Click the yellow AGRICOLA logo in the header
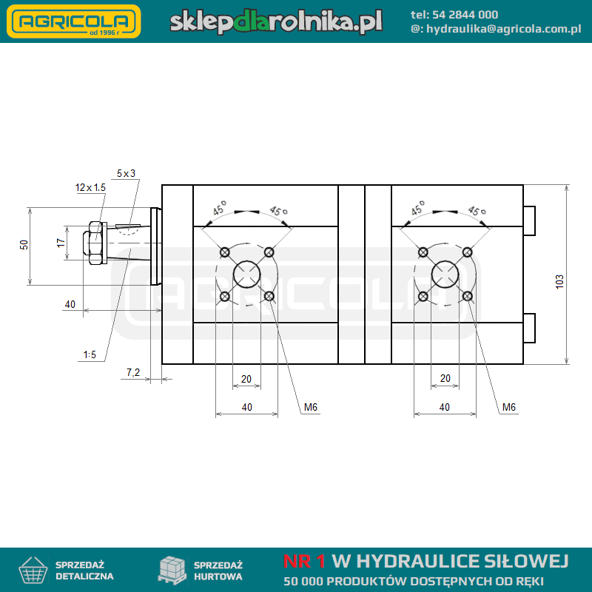tap(73, 21)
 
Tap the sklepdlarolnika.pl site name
tap(276, 21)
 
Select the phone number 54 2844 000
tap(465, 15)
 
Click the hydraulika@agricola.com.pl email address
tap(504, 29)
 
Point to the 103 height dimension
tap(559, 282)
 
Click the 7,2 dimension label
tap(133, 373)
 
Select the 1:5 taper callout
tap(90, 354)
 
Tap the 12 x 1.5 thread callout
tap(90, 187)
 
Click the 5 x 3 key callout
tap(126, 173)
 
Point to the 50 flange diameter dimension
tap(24, 245)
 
